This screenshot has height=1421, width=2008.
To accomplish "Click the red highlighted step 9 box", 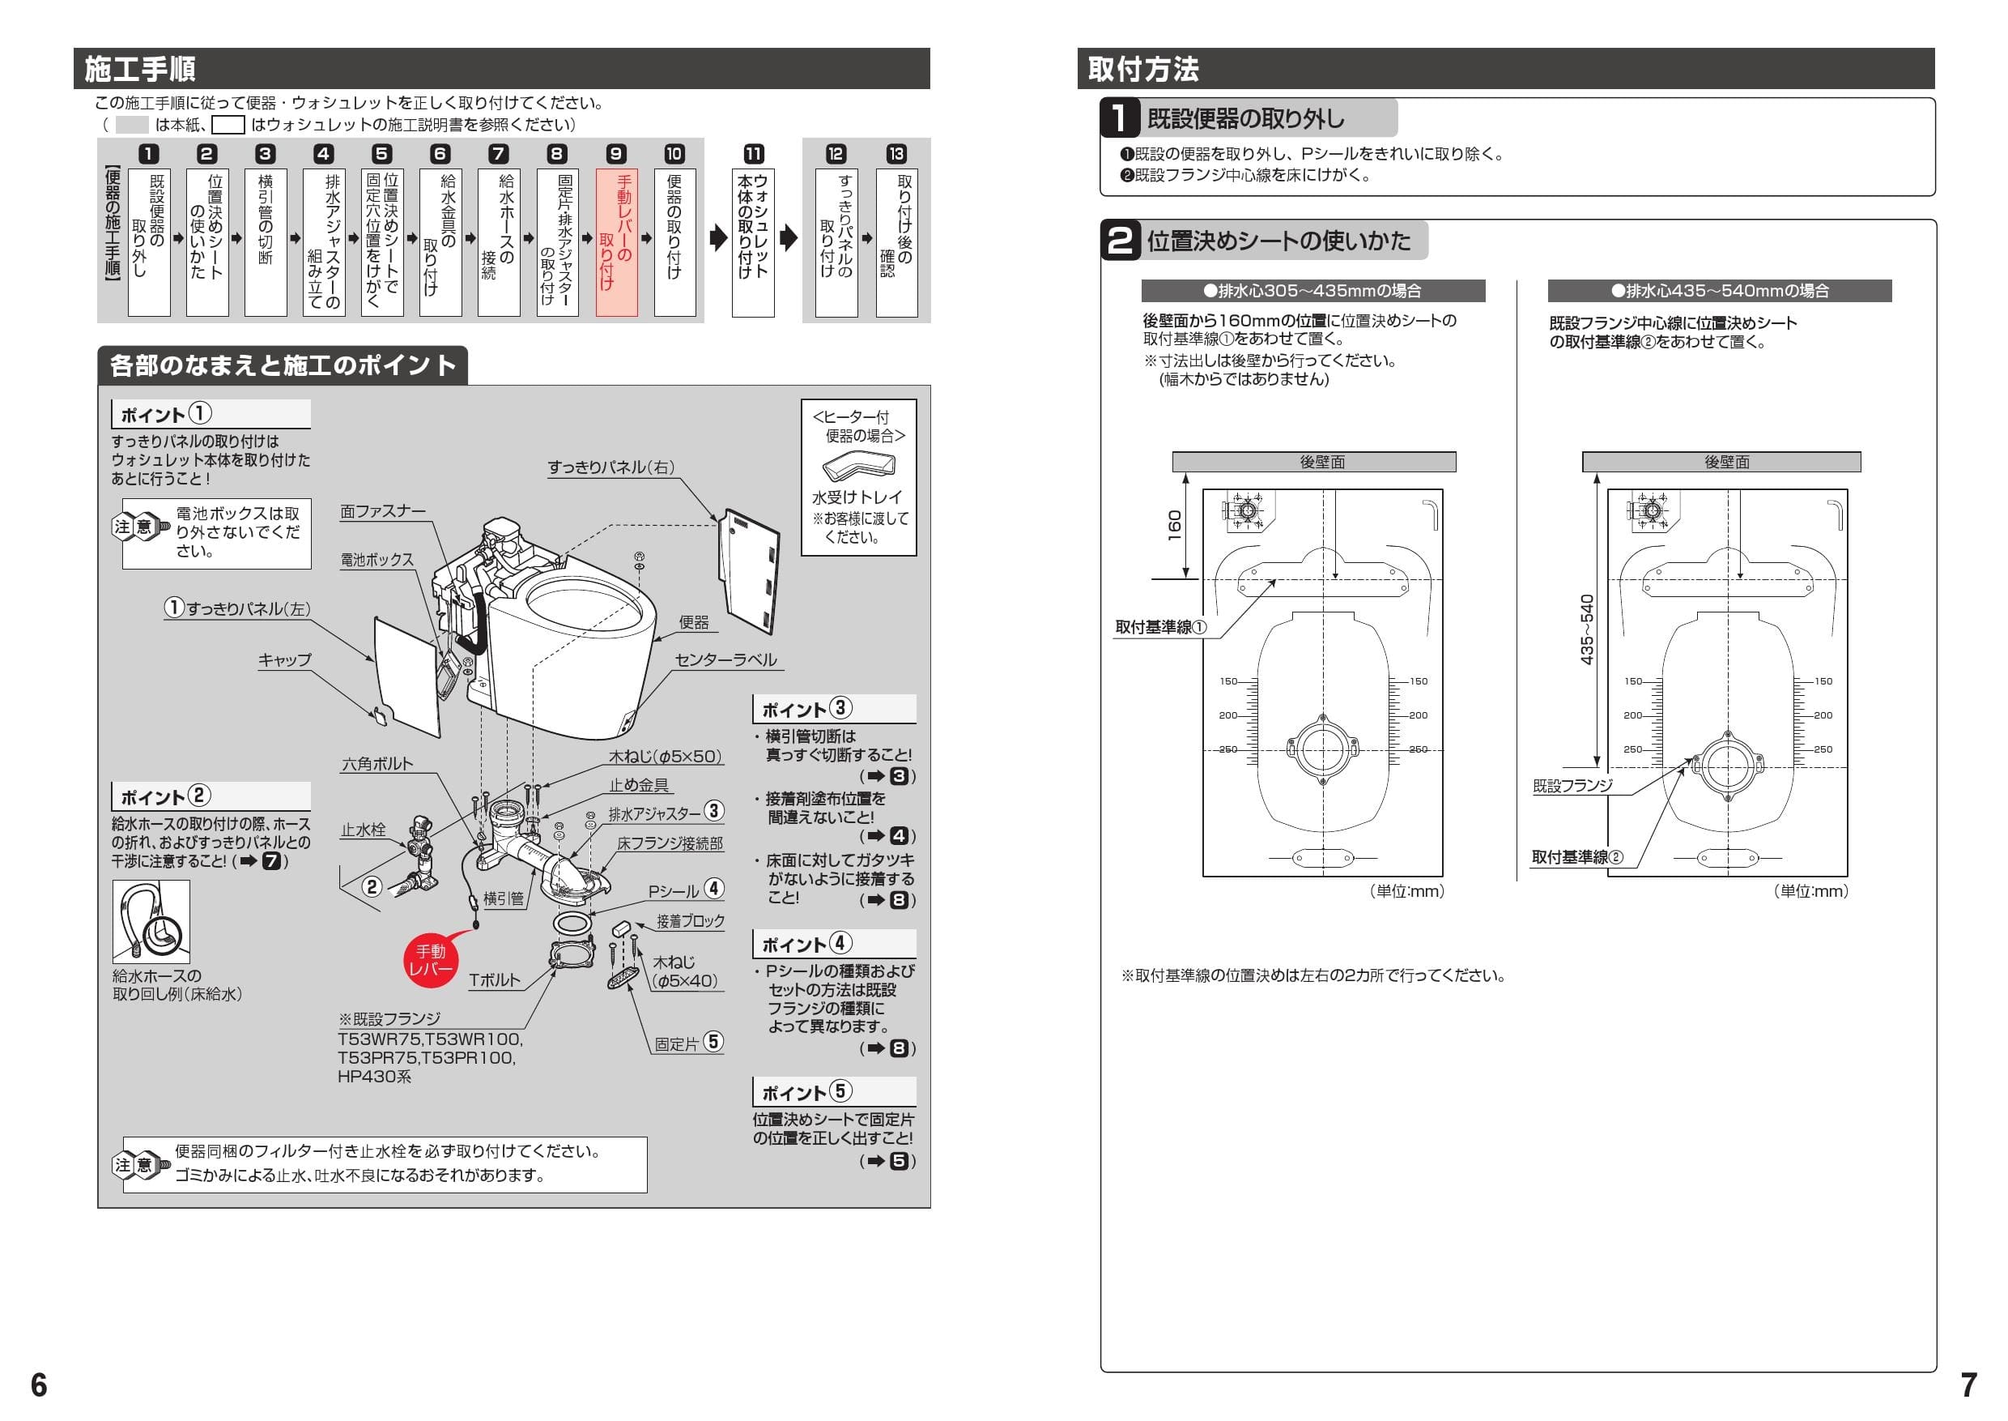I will [616, 241].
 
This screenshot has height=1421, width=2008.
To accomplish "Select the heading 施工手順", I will [140, 68].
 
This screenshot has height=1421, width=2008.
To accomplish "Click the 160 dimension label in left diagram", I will [1175, 525].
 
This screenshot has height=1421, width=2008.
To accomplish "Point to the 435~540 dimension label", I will [1586, 629].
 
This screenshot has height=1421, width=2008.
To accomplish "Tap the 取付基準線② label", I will [1576, 856].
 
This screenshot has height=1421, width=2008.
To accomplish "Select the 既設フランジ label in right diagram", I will [1572, 786].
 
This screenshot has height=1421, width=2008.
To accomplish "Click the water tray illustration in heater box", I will [858, 467].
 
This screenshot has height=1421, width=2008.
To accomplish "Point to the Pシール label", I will [674, 890].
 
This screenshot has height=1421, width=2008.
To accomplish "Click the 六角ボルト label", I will [377, 764].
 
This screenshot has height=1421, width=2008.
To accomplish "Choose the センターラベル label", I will [725, 659].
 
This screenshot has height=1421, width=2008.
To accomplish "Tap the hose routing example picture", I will [151, 921].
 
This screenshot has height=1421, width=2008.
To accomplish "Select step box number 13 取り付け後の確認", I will [896, 241].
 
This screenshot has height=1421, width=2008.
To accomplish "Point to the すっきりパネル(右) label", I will [611, 467].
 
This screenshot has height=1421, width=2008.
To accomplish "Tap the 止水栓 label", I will [363, 830].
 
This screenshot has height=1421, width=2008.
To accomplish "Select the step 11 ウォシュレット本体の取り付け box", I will [753, 241].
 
